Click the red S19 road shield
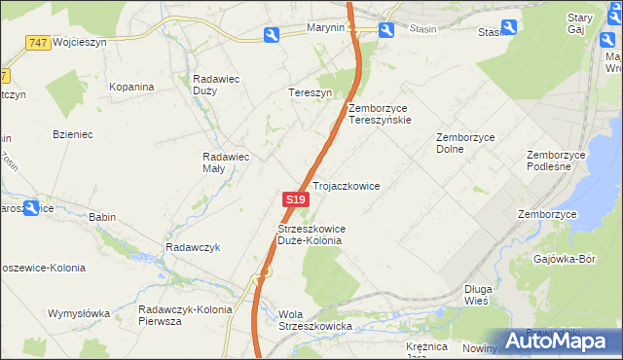coord(296,198)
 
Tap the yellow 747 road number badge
coord(38,43)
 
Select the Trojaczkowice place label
coord(346,185)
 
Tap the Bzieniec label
coord(73,134)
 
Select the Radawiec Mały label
coord(227,162)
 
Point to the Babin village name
coord(102,217)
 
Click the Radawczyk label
coord(194,247)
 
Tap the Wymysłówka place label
coord(79,313)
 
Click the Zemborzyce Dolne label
coord(465,143)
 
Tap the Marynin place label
coord(326,28)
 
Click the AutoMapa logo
coord(560,341)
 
